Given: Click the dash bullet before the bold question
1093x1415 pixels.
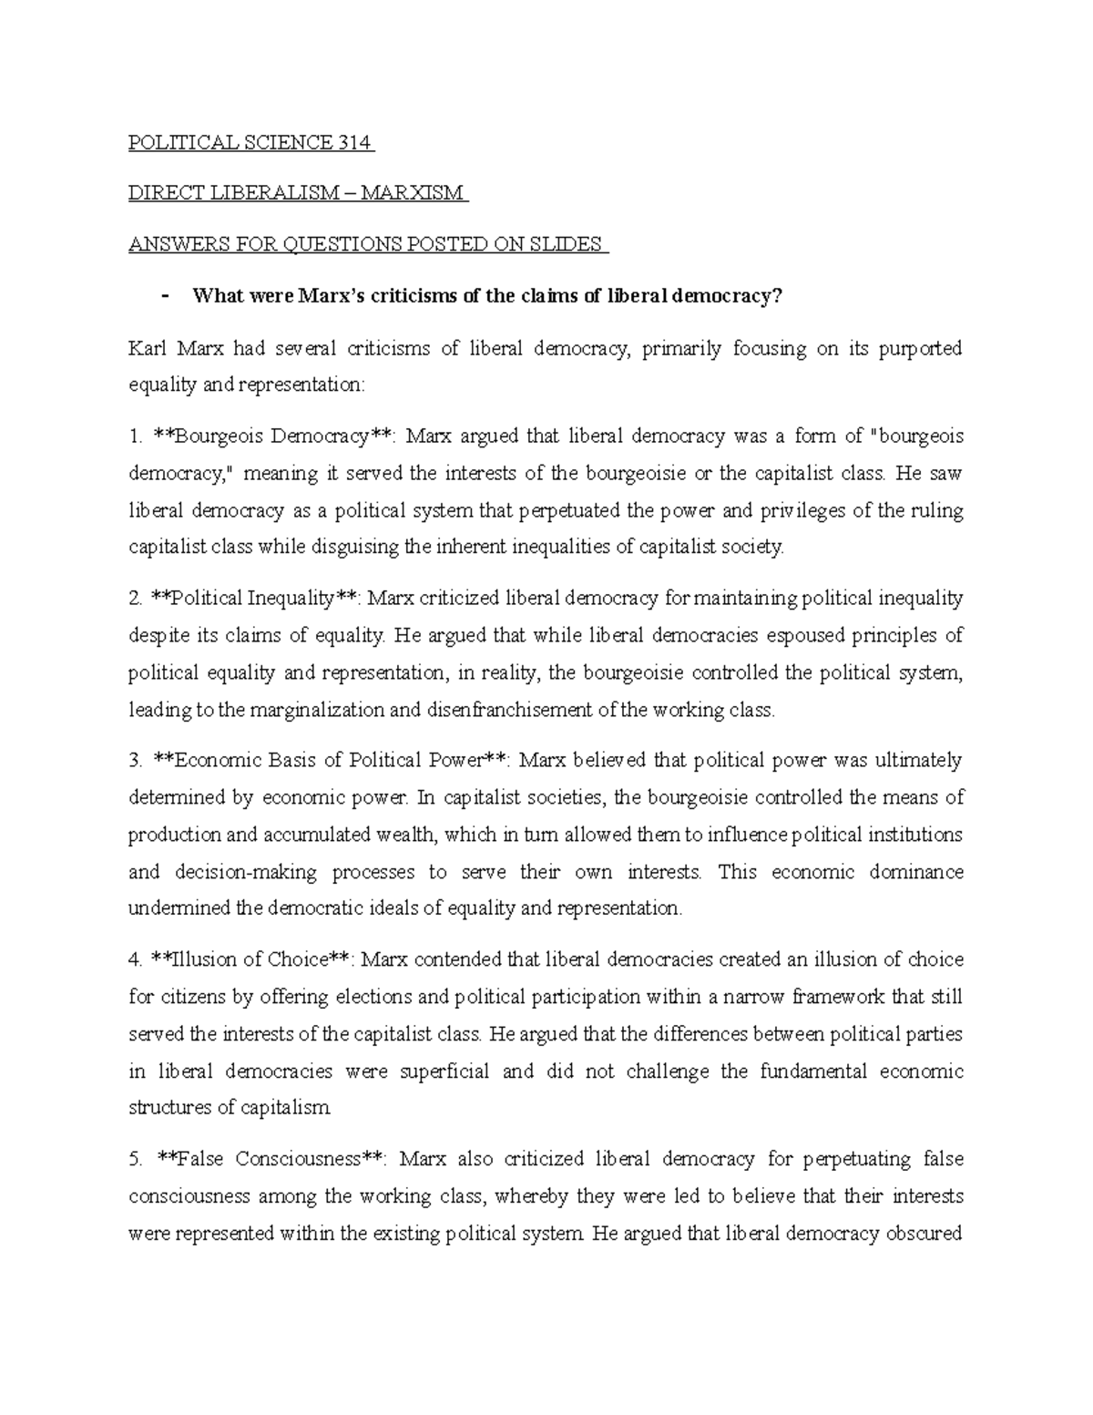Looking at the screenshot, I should [x=164, y=295].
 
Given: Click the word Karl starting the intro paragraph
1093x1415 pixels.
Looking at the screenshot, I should [x=146, y=348].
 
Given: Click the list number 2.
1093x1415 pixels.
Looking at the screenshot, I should [x=135, y=599].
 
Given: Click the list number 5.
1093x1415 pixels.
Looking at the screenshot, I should [x=135, y=1159].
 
